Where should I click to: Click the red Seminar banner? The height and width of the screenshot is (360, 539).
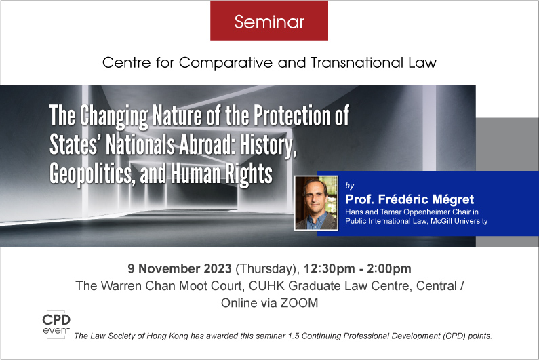[x=269, y=20]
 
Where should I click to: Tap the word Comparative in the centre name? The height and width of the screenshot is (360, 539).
[x=226, y=62]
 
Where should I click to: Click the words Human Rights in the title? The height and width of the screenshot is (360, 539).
[x=222, y=174]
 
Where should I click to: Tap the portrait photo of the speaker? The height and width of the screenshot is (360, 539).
[x=316, y=203]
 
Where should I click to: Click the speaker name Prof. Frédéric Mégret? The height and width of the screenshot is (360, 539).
[x=410, y=199]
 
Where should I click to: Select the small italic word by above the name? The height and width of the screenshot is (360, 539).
[x=350, y=186]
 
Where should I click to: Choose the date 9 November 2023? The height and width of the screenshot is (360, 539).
[x=180, y=268]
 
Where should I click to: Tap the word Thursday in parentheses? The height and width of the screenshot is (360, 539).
[x=266, y=269]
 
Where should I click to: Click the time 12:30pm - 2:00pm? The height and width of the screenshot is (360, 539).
[x=357, y=269]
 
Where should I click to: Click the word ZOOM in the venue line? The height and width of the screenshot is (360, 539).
[x=299, y=303]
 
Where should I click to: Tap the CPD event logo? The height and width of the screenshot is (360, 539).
[x=56, y=324]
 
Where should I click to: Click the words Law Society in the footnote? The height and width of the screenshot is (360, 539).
[x=113, y=336]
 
